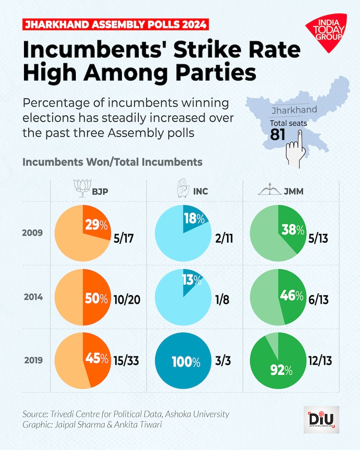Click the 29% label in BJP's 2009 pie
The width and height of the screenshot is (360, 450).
[x=96, y=225]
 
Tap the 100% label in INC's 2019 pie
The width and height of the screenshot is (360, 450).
[x=183, y=362]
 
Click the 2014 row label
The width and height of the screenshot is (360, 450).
[x=33, y=296]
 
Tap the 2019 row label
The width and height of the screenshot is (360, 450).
[x=33, y=360]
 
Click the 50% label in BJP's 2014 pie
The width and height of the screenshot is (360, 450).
[x=96, y=298]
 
